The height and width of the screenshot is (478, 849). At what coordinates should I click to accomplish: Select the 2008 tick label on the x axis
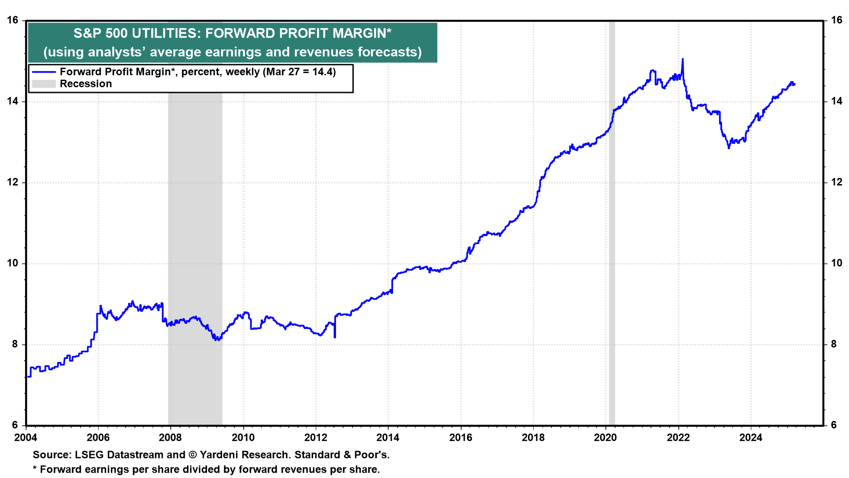pos(170,438)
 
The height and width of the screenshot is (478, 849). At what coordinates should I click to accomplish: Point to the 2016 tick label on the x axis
pos(461,438)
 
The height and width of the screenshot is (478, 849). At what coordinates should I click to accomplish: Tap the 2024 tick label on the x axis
pos(751,438)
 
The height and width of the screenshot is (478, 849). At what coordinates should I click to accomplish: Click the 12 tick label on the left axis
pos(12,182)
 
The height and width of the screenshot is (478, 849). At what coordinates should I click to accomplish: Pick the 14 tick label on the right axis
pos(837,101)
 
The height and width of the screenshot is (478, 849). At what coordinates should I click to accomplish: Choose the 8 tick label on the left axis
pos(15,344)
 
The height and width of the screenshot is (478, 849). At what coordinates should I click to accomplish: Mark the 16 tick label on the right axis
pos(837,20)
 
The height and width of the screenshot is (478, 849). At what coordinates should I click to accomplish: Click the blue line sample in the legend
pos(44,72)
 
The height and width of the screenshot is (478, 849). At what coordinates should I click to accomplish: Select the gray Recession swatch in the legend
pos(44,84)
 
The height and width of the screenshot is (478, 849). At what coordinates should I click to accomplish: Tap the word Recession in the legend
pos(86,84)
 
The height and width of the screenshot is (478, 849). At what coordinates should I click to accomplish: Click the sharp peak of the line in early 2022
pos(682,59)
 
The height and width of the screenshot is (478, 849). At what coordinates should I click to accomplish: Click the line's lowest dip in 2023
pos(729,147)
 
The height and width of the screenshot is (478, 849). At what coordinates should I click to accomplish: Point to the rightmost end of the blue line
pos(795,85)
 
